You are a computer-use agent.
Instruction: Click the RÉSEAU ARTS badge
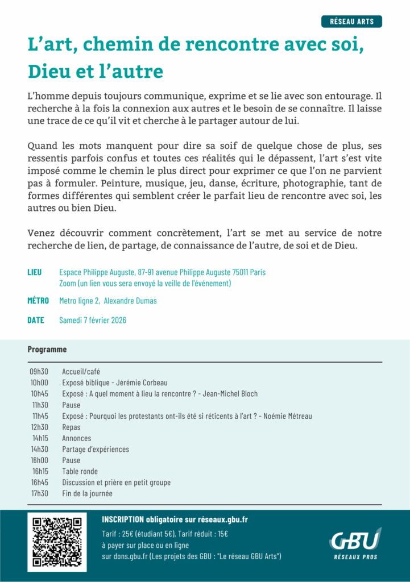[352, 22]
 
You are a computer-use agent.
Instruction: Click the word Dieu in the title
[49, 72]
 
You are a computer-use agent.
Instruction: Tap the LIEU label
[34, 272]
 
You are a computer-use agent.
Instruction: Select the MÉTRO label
[38, 301]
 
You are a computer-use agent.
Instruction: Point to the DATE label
[35, 320]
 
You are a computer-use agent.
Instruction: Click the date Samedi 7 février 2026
[93, 320]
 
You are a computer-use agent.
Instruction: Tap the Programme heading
[47, 350]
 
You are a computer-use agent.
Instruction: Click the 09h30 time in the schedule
[39, 372]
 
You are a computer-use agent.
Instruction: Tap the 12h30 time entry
[39, 427]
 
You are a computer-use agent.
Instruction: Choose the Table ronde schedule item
[80, 471]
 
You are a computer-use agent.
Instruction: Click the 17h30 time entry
[40, 493]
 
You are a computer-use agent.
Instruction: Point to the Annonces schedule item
[76, 438]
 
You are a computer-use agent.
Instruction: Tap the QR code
[57, 542]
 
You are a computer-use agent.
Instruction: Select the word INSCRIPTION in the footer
[123, 519]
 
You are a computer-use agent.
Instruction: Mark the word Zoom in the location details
[68, 283]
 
